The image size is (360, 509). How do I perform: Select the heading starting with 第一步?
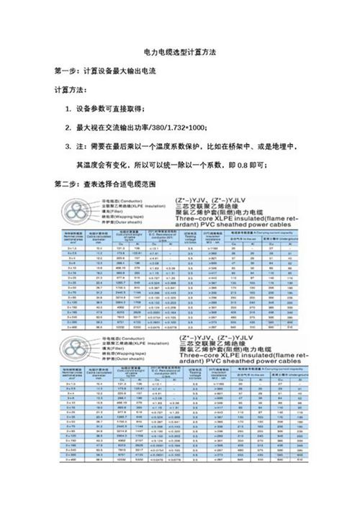tap(105, 72)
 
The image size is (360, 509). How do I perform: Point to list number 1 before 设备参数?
tap(68, 109)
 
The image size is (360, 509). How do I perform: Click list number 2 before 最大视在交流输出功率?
tap(68, 127)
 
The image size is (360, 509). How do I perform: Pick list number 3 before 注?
tap(68, 146)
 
